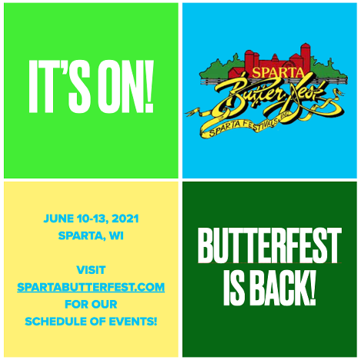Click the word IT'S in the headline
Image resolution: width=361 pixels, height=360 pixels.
(59, 87)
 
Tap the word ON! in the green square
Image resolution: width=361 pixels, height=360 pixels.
(125, 87)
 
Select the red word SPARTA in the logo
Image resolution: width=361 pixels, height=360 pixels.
(278, 72)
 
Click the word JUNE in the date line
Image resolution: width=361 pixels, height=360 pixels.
(58, 218)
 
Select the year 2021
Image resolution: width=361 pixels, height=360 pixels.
(125, 218)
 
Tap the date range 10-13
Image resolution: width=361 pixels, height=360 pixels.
(92, 219)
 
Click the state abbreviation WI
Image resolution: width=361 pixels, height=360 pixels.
(116, 235)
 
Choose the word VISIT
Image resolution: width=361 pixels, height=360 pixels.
(91, 270)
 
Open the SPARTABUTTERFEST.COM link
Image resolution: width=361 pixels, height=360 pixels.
(91, 287)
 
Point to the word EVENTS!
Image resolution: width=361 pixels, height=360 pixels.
(133, 322)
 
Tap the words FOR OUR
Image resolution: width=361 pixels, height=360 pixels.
(91, 305)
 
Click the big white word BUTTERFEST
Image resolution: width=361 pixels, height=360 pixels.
(269, 245)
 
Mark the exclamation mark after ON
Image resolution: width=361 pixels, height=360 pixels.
(149, 87)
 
